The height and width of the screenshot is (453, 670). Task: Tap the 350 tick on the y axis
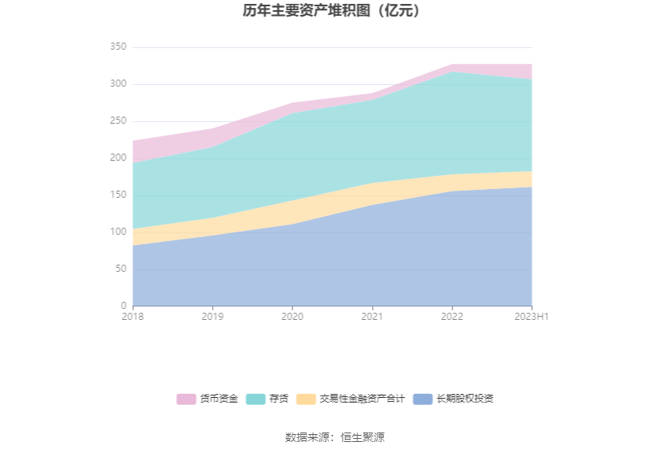point(118,47)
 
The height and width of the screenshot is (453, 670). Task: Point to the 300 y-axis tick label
point(118,84)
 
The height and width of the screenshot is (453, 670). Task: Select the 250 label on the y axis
point(118,121)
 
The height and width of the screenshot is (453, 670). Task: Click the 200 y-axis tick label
point(118,158)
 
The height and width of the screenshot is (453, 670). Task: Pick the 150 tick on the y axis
point(118,195)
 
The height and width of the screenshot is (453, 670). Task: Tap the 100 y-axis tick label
point(118,232)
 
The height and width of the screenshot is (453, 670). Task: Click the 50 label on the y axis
point(121,269)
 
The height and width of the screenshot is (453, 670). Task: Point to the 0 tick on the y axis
point(123,306)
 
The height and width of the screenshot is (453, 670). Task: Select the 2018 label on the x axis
point(132,317)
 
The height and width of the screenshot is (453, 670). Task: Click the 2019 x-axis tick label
point(212,317)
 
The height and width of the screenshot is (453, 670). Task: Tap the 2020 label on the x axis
point(292,317)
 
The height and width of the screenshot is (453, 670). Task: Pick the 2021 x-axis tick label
point(372,317)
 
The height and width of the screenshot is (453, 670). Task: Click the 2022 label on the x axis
point(452,317)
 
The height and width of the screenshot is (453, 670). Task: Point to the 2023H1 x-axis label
point(532,317)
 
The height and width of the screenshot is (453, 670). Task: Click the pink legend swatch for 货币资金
point(186,399)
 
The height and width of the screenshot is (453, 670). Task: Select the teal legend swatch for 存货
point(255,399)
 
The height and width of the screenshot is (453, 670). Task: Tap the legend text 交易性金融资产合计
point(362,399)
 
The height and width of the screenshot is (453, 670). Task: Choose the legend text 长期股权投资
point(465,399)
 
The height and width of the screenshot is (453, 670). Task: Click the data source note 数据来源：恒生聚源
point(335,437)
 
